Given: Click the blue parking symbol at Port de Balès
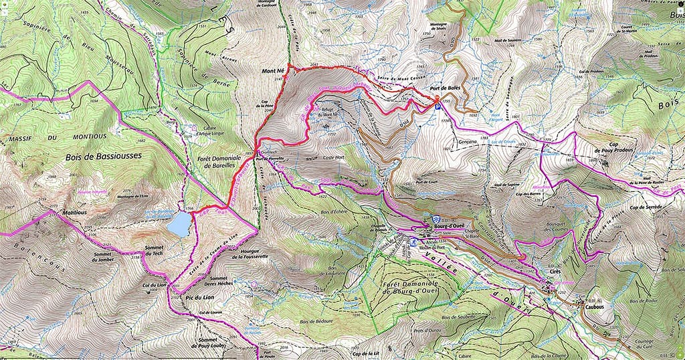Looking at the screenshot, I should (438, 106).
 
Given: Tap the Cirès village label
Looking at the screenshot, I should (554, 272).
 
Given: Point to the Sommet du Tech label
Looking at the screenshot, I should (158, 252).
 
